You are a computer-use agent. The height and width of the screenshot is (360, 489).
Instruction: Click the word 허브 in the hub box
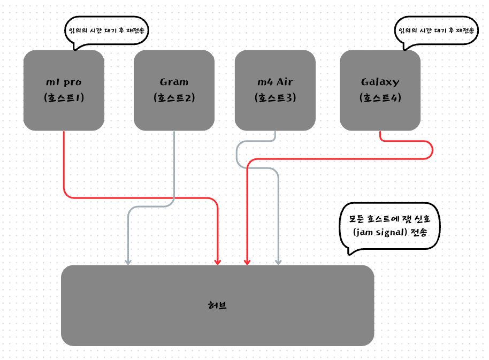click(217, 305)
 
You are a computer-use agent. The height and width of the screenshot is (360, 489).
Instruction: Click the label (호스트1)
click(64, 98)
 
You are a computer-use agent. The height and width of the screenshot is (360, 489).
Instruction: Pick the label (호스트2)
click(174, 98)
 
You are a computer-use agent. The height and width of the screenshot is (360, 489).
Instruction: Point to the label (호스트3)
click(275, 98)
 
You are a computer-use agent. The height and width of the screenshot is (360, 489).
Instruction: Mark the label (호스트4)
click(380, 98)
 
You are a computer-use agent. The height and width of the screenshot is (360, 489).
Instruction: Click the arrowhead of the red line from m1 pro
click(218, 262)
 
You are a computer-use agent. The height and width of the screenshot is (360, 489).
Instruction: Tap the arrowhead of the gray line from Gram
click(128, 262)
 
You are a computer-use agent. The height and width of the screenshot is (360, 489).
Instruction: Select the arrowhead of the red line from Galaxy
click(247, 262)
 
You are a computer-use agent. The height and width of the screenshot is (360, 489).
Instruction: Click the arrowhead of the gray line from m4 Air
click(278, 262)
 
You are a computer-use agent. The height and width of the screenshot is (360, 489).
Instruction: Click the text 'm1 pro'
click(64, 82)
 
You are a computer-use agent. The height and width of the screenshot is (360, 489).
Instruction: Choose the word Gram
click(174, 82)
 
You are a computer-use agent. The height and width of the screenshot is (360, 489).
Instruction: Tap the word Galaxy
click(380, 82)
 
